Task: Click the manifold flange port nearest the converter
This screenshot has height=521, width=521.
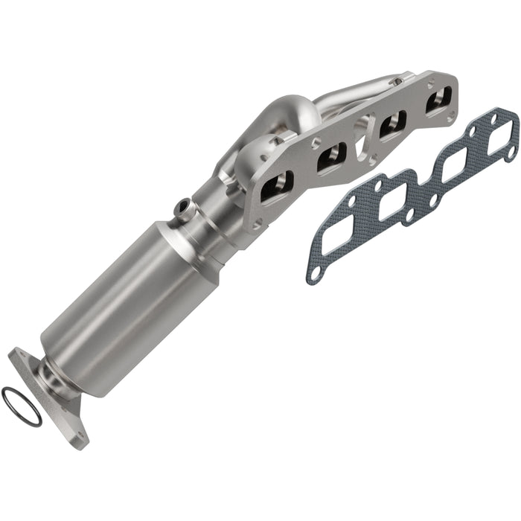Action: coord(278,183)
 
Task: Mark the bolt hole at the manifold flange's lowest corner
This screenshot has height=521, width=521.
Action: coord(257,221)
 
